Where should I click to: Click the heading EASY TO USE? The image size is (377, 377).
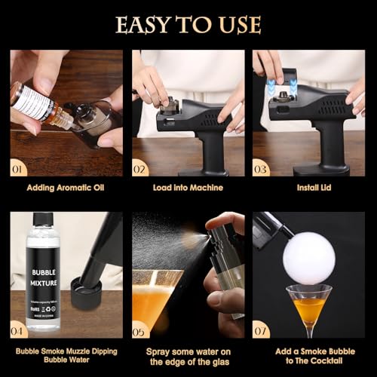click(188, 24)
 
